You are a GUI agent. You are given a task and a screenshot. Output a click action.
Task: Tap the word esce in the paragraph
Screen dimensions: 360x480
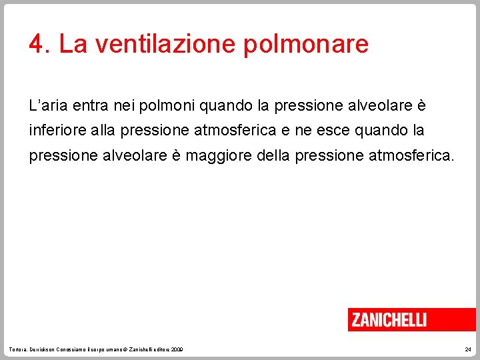(x=335, y=131)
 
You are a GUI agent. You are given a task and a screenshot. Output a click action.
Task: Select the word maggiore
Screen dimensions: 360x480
(x=215, y=156)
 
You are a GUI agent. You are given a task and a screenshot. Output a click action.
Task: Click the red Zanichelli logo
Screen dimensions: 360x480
(x=389, y=319)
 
